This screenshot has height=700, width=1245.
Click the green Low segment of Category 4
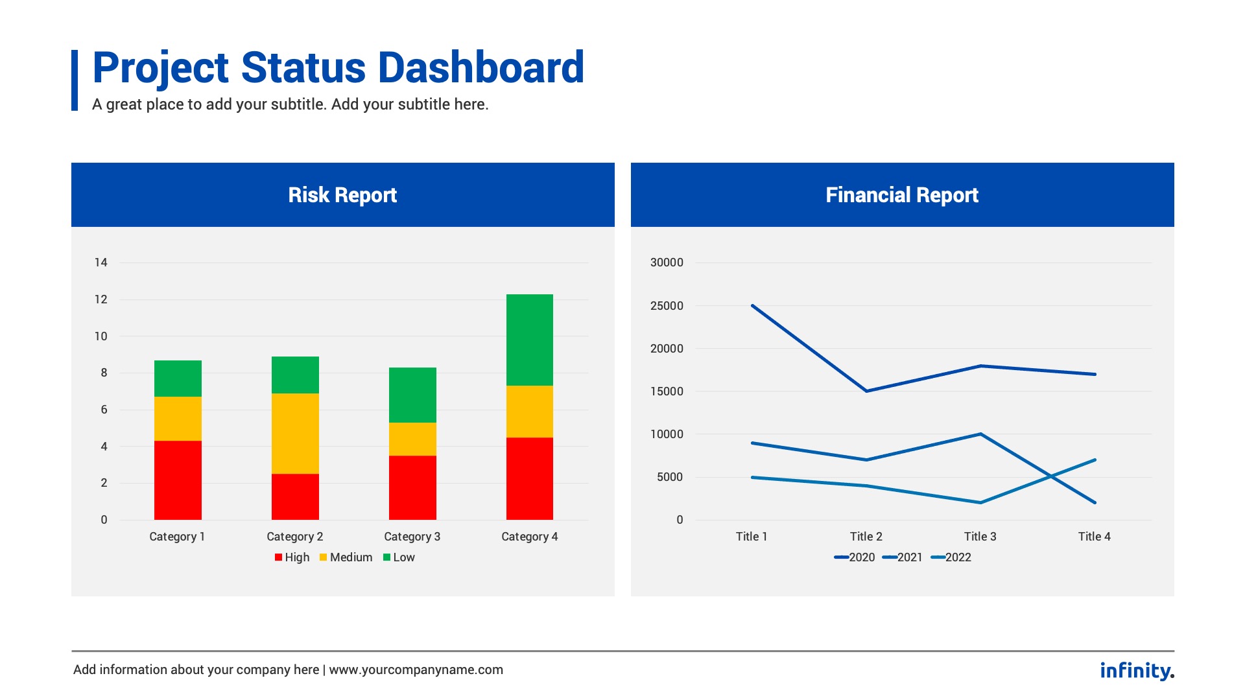tap(529, 340)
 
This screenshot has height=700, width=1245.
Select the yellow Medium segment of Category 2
tap(295, 433)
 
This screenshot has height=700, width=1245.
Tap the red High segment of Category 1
tap(178, 480)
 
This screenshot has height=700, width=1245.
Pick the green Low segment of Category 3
tap(412, 395)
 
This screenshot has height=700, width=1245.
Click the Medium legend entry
tap(346, 557)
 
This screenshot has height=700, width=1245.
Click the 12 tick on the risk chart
tap(101, 299)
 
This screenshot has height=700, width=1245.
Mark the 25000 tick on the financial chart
tap(667, 306)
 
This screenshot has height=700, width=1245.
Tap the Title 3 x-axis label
tap(980, 537)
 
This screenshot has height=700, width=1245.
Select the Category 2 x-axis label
tap(295, 537)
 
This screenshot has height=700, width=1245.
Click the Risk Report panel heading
tap(342, 195)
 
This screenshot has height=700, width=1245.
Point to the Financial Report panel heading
tap(902, 195)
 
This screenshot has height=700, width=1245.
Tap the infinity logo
tap(1137, 670)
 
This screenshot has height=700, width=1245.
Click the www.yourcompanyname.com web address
tap(416, 670)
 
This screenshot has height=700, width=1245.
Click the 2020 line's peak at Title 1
tap(752, 305)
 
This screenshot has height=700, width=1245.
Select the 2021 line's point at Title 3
tap(980, 434)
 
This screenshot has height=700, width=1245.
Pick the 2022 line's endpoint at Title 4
tap(1095, 460)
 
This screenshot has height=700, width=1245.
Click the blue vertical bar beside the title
tap(75, 80)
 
